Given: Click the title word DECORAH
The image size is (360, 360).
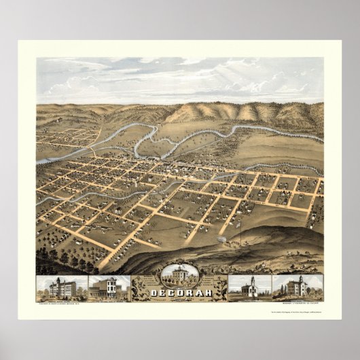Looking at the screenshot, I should [179, 291].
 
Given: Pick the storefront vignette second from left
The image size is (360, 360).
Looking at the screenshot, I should [107, 287].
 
